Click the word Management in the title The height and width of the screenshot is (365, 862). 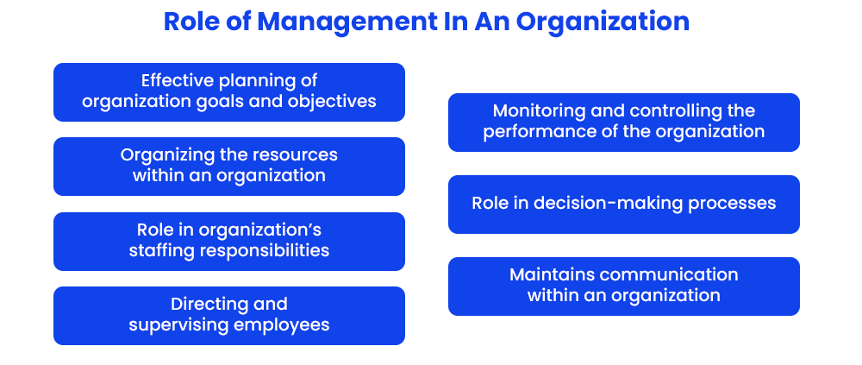(x=322, y=22)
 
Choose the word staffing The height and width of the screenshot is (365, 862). (x=162, y=250)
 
